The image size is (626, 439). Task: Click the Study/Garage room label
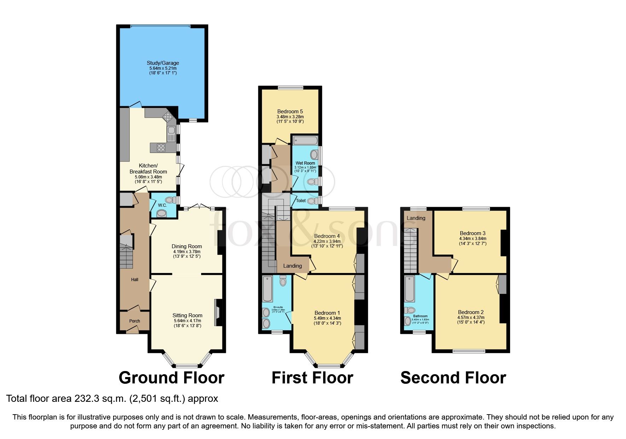163,63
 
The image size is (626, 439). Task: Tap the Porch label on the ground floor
134,321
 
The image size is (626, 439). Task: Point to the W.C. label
162,205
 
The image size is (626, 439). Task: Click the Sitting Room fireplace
218,313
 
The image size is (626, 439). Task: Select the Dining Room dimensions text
187,254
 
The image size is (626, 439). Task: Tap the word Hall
135,280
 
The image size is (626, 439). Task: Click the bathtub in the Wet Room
305,141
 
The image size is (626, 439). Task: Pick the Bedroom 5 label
290,112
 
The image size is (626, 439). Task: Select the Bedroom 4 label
327,236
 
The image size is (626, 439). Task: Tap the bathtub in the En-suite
267,289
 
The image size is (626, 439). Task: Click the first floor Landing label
292,266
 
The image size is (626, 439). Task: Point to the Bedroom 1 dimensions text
327,321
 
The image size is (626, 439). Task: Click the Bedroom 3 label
473,233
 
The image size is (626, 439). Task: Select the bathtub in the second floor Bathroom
410,289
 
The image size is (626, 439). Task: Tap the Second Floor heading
453,378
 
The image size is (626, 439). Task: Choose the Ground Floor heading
171,378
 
